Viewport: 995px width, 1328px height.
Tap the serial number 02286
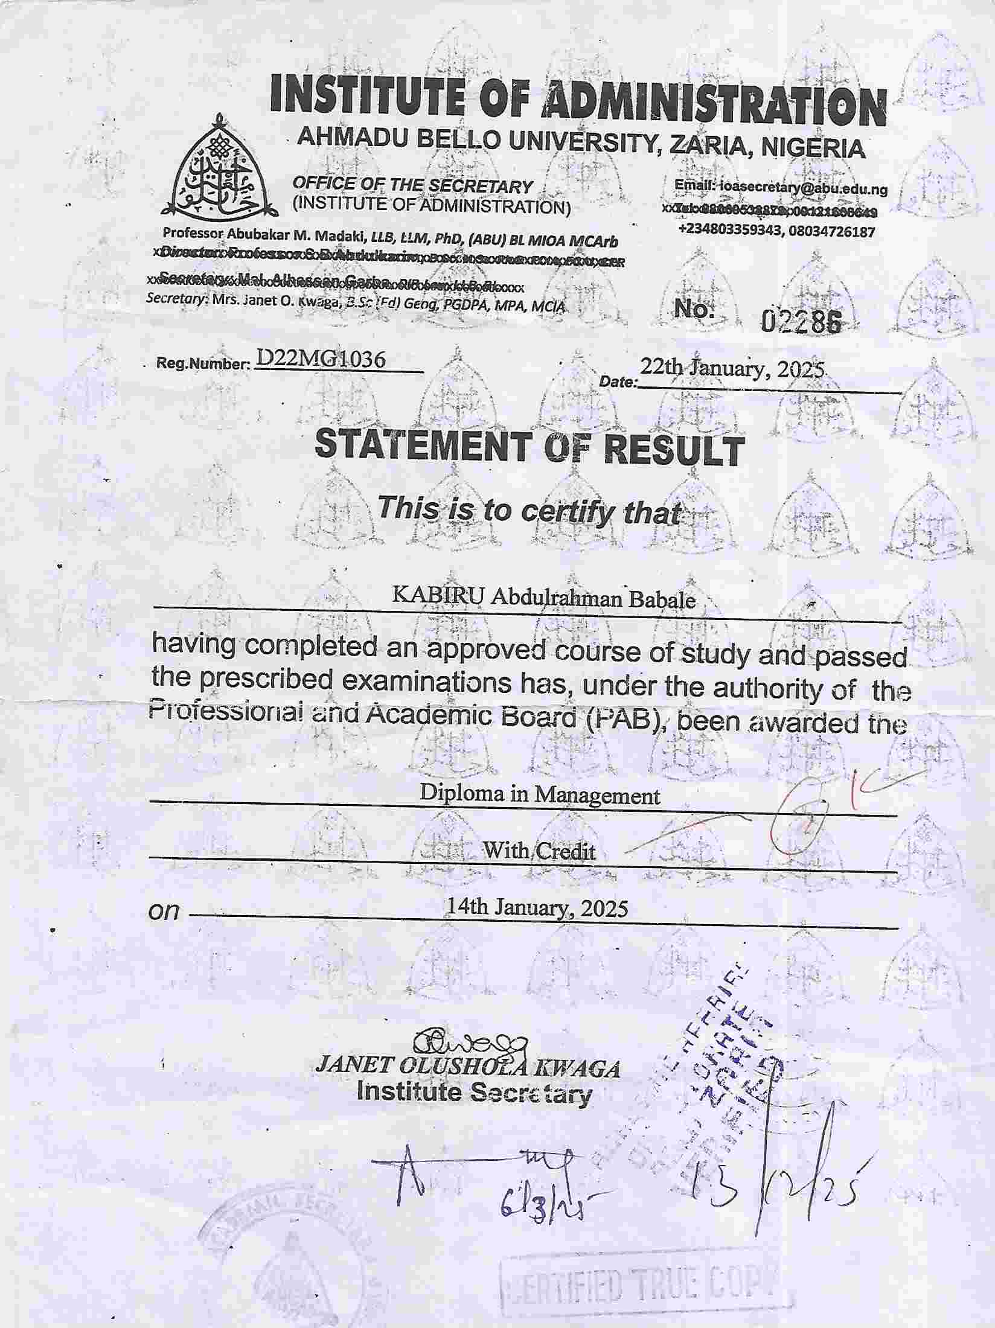click(x=801, y=324)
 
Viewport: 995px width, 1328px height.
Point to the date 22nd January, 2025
click(x=732, y=369)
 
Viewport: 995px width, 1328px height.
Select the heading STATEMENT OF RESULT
click(x=530, y=447)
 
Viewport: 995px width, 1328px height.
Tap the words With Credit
click(x=539, y=851)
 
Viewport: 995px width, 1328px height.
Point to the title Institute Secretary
click(x=474, y=1093)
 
